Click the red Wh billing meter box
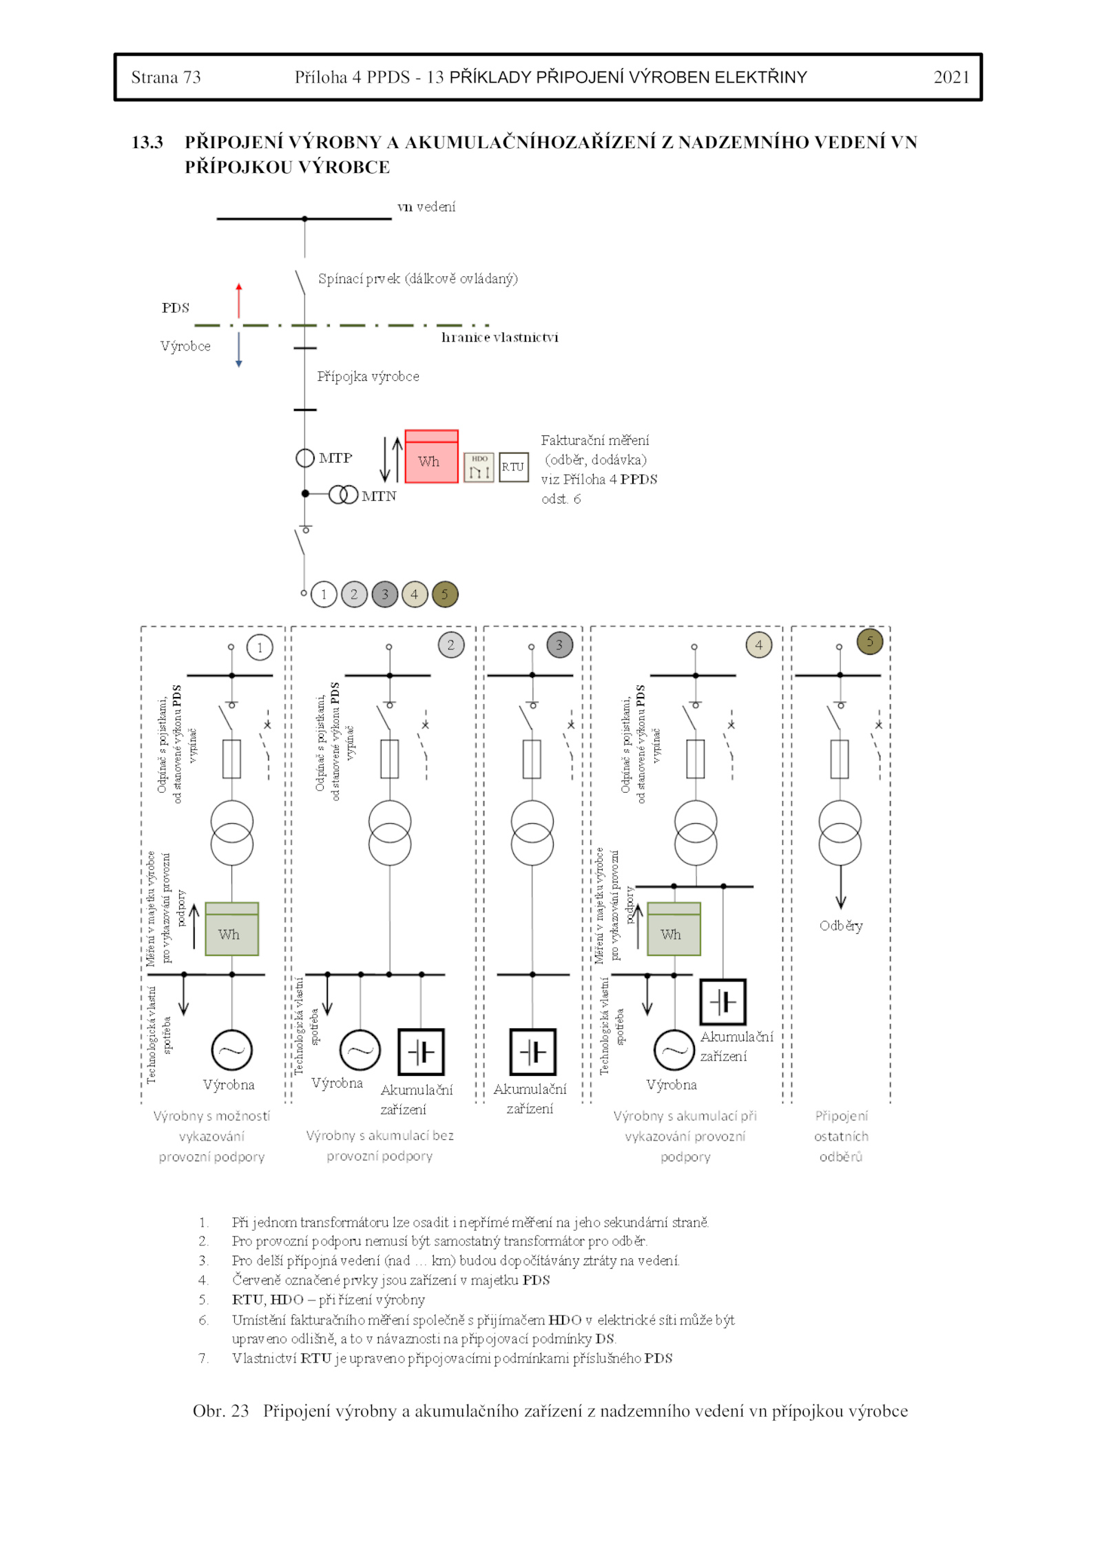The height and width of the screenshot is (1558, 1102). pos(431,457)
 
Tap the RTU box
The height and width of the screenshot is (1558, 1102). pos(513,467)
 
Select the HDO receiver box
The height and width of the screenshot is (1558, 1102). pos(479,467)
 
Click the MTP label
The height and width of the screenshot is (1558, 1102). pos(335,458)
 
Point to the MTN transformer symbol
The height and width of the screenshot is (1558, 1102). pos(343,495)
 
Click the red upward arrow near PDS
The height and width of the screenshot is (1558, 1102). pos(239,300)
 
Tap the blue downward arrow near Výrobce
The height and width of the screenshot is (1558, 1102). pos(239,350)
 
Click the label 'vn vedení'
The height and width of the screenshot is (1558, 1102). pos(426,207)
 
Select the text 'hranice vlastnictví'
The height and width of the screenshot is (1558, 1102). pos(499,337)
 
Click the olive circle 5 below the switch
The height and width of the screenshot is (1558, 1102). pos(445,594)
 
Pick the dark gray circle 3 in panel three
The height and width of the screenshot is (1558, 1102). pos(559,645)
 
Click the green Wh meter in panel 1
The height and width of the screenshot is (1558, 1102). pos(231,929)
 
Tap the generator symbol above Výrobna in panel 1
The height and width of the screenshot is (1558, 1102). pos(231,1050)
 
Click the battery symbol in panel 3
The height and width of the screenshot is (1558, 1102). pos(532,1052)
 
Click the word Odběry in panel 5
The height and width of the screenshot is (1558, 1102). pos(840,926)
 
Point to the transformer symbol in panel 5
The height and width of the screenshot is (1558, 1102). pos(840,833)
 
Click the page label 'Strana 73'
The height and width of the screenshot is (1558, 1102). pos(166,77)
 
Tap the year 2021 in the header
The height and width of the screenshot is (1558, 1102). pos(951,77)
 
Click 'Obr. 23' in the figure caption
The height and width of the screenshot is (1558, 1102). pos(220,1411)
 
